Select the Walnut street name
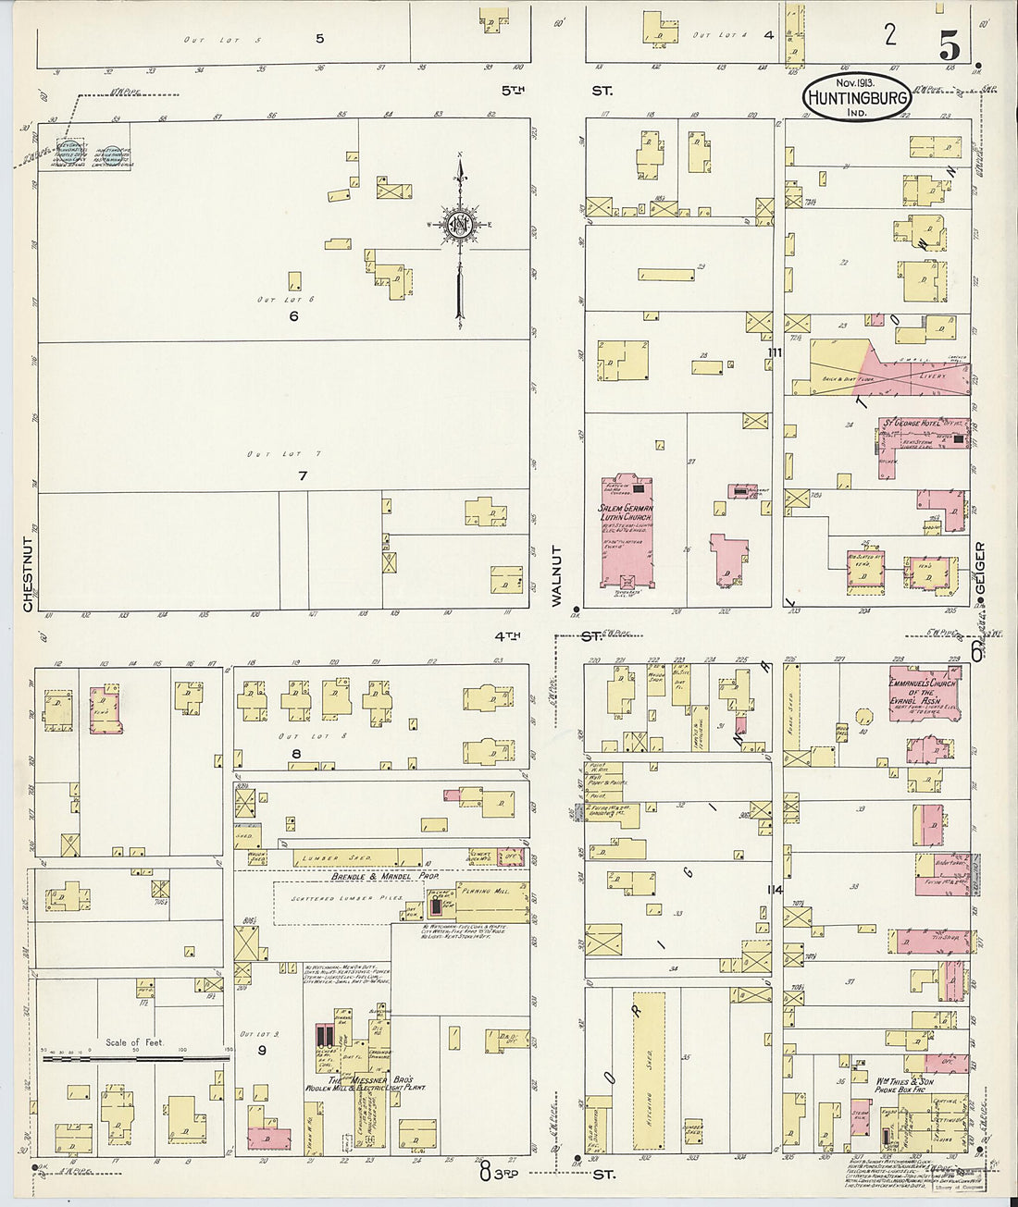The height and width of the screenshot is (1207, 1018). [557, 575]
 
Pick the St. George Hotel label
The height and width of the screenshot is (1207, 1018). [915, 424]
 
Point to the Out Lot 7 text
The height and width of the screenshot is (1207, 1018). [270, 454]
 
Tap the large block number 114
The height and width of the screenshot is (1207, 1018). [775, 890]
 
